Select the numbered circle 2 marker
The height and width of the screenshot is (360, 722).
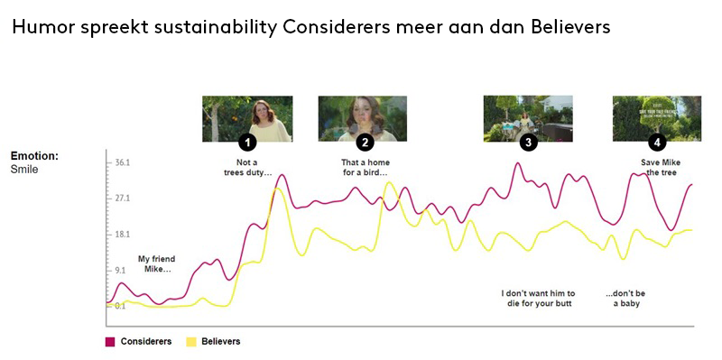[365, 143]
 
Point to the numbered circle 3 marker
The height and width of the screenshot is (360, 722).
[529, 143]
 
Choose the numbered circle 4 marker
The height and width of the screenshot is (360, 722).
[658, 143]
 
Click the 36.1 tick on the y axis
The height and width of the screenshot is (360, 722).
[123, 162]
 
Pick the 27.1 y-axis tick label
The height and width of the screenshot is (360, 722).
[123, 198]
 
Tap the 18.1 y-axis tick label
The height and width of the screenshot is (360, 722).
[123, 234]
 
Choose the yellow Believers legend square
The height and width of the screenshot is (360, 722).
[191, 342]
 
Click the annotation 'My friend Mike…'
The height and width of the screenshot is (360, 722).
[154, 263]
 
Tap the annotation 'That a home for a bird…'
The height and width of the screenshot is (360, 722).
[365, 167]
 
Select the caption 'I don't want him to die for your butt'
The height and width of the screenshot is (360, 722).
[536, 298]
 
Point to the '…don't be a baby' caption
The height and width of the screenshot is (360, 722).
[625, 298]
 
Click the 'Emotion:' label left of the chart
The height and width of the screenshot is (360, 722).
[34, 156]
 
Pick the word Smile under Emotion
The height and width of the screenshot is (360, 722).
[24, 169]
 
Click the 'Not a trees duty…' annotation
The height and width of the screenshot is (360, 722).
[247, 167]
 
